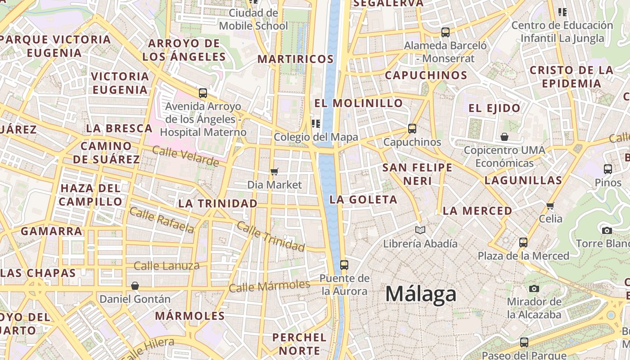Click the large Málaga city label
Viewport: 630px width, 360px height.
pos(421,294)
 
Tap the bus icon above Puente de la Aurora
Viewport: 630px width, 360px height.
pos(344,265)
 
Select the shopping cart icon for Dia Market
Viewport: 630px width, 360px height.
pos(274,171)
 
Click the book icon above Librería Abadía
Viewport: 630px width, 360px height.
pos(420,230)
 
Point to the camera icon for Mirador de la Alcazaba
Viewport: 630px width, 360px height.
pos(534,288)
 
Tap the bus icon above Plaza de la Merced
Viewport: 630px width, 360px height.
pos(523,243)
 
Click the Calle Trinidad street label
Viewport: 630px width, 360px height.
pos(271,236)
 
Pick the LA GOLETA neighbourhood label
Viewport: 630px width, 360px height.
pos(363,199)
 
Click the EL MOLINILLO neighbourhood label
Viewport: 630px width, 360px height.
pos(358,103)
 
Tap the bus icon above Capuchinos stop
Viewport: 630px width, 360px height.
pos(412,129)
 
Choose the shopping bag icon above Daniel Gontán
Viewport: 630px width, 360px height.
pos(135,286)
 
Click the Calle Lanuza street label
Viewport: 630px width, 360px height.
pos(166,266)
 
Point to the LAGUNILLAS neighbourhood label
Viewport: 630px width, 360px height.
pos(523,180)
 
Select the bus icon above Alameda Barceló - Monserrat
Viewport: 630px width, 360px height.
pos(445,32)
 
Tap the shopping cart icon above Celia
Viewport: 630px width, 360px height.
pos(550,206)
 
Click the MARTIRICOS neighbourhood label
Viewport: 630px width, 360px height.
pos(296,59)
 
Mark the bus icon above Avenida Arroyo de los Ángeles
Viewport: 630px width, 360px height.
pos(203,93)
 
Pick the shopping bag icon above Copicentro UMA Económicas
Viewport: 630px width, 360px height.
pos(504,137)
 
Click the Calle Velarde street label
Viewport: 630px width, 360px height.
pos(185,156)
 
